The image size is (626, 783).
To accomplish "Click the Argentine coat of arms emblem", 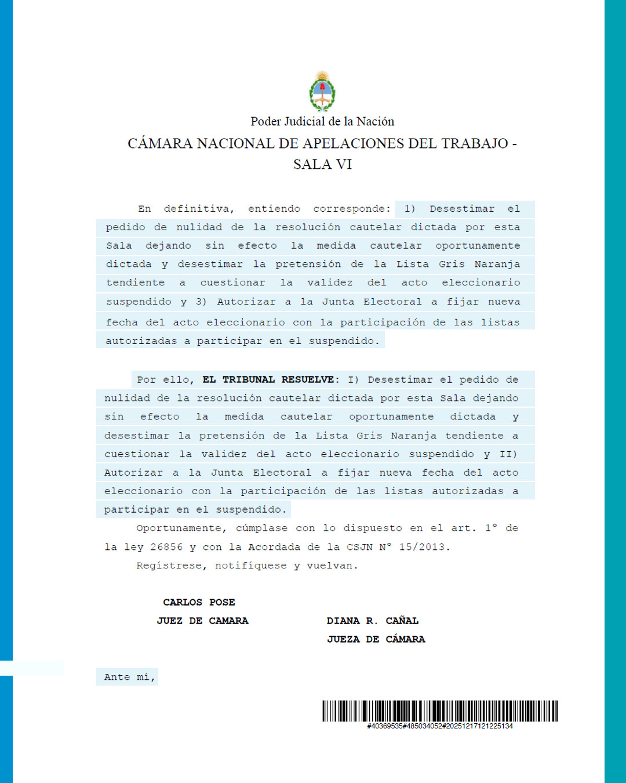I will point(322,91).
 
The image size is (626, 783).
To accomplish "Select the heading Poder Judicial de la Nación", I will point(322,121).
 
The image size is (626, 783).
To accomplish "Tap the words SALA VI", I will point(322,164).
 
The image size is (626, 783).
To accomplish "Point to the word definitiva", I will point(198,209).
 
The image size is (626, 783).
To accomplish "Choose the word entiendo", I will point(274,209).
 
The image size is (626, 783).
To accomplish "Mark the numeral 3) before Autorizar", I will point(201,302).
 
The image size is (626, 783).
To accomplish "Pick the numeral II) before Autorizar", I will point(508,454).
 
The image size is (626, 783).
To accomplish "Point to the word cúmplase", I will point(261,528).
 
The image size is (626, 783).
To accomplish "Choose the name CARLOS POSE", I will point(199,603).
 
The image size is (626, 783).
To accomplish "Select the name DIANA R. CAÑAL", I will point(372,621).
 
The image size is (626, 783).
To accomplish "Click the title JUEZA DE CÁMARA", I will point(376,639).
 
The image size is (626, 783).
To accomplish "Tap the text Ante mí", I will point(129,677).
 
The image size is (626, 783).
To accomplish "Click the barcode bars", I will point(440,711).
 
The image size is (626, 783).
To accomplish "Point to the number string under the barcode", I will point(440,726).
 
